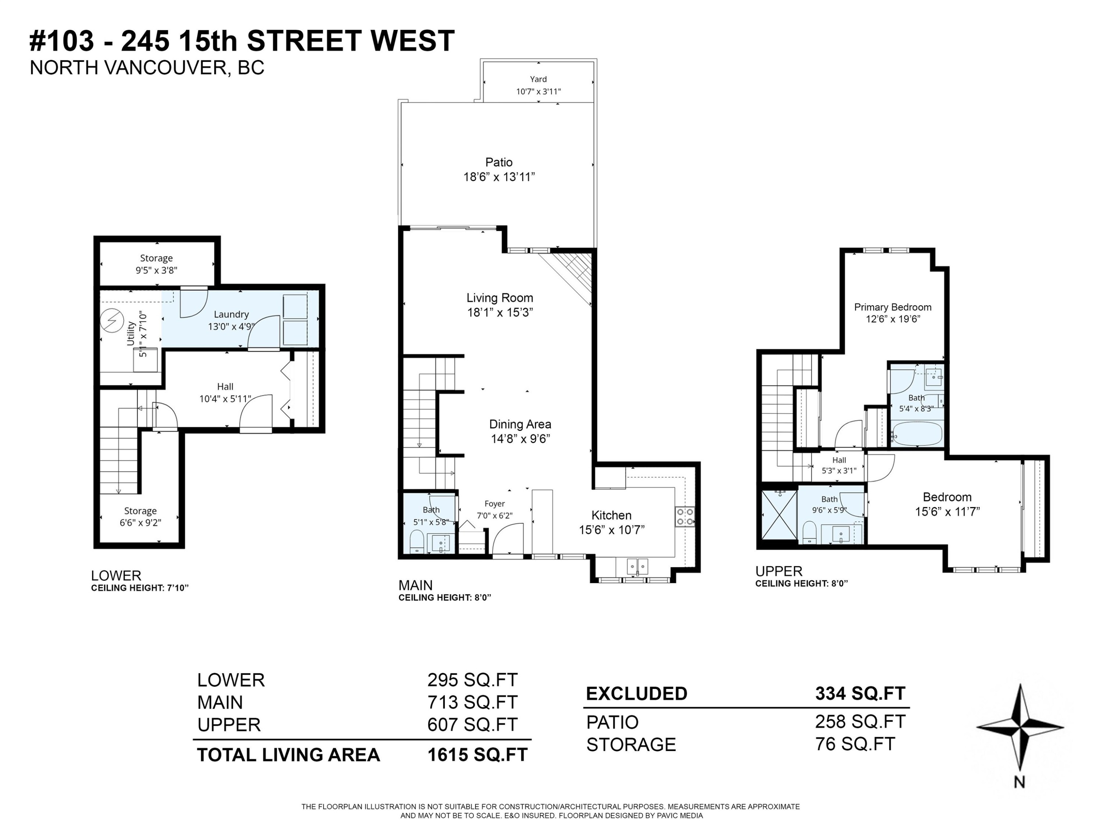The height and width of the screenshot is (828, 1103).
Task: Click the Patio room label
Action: [x=499, y=162]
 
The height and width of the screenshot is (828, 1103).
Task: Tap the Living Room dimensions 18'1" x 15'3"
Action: [x=500, y=312]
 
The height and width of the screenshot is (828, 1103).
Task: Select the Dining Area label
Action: [x=520, y=424]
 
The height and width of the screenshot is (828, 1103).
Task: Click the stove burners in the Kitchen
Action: [x=685, y=517]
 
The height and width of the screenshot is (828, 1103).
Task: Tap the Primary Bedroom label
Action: [x=893, y=307]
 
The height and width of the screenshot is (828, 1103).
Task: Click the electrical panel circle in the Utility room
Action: [x=112, y=321]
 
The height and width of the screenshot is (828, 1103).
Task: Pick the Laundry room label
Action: [x=231, y=314]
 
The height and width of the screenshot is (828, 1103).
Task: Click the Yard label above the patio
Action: [x=538, y=79]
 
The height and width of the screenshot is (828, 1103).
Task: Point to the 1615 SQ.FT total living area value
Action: [x=477, y=755]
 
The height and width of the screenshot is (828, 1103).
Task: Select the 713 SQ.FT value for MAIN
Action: [x=472, y=702]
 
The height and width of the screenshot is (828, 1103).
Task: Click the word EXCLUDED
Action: [x=636, y=694]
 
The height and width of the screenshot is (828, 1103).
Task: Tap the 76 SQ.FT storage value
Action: [x=855, y=744]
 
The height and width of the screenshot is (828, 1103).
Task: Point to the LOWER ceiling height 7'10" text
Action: [x=140, y=588]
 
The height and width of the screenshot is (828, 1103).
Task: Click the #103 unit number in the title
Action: [x=62, y=40]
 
